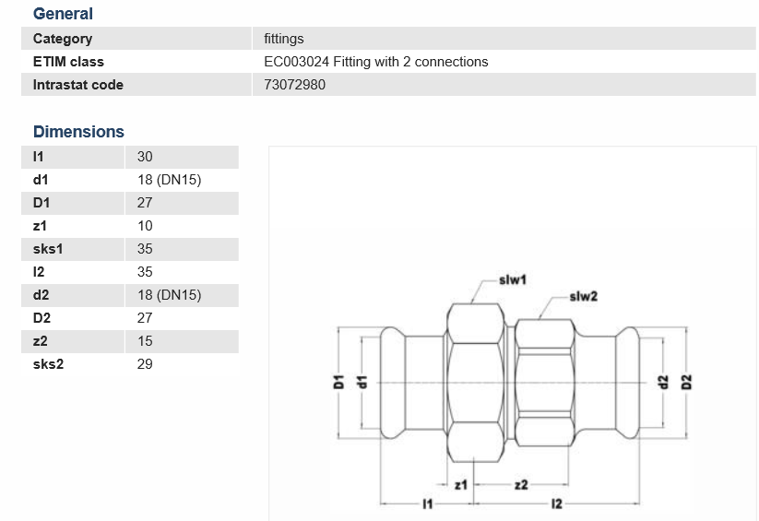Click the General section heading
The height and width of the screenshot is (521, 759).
coord(63,14)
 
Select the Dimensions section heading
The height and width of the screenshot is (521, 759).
coord(78,132)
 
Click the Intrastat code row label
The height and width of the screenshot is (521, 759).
coord(77,85)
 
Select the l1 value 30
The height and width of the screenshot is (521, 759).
coord(145,157)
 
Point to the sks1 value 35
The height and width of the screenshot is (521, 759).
coord(145,249)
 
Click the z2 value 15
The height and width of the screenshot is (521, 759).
coord(145,341)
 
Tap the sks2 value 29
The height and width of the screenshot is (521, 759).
coord(145,364)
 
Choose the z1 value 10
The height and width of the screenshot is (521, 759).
coord(145,226)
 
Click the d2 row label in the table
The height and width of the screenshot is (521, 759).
coord(41,295)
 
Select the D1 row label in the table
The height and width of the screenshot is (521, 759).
coord(42,203)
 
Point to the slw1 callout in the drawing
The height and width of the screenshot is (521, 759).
coord(512,278)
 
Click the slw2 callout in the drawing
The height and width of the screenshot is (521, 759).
coord(583,296)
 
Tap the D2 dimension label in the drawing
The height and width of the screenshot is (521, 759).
coord(686,381)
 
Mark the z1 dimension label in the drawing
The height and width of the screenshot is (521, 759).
coord(463,483)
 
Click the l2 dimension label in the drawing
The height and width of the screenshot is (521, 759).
coord(555,503)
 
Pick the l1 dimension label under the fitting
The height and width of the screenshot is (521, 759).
coord(427,503)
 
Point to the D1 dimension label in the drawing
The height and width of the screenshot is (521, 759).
coord(338,381)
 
